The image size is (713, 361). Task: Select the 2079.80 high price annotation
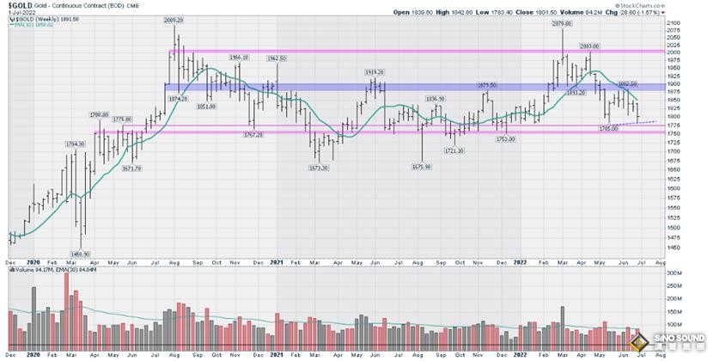[564, 23]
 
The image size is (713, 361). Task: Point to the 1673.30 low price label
[318, 168]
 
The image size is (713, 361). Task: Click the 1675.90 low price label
[423, 168]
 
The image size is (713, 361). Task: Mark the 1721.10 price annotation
[454, 150]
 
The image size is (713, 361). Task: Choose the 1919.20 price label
[372, 72]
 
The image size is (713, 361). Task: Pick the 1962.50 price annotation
[277, 58]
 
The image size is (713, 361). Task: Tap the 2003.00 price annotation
[588, 45]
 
